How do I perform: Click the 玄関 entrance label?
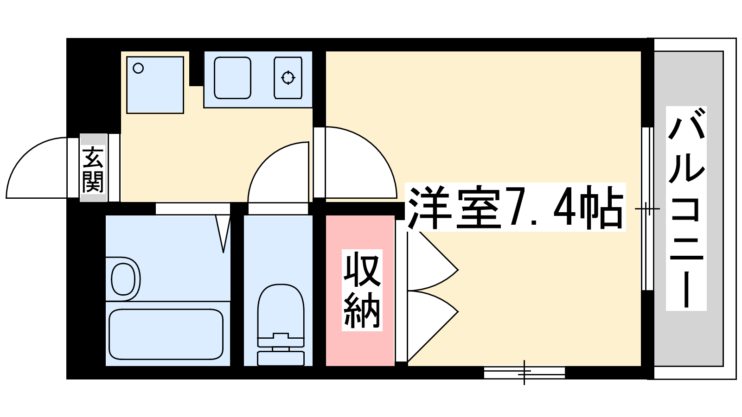[x=93, y=170]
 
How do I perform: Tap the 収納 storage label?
[x=362, y=290]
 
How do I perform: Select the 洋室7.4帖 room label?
[x=515, y=207]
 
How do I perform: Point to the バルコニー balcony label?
[x=686, y=208]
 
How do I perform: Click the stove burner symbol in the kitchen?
[x=288, y=78]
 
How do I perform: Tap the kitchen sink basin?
[x=232, y=78]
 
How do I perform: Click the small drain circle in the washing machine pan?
[x=138, y=69]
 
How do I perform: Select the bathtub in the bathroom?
[x=166, y=334]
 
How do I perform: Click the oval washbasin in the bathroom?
[x=123, y=279]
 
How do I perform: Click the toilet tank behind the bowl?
[x=281, y=359]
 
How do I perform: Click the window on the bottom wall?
[x=525, y=373]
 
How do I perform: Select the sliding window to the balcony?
[x=647, y=209]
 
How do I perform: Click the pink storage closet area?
[x=360, y=291]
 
